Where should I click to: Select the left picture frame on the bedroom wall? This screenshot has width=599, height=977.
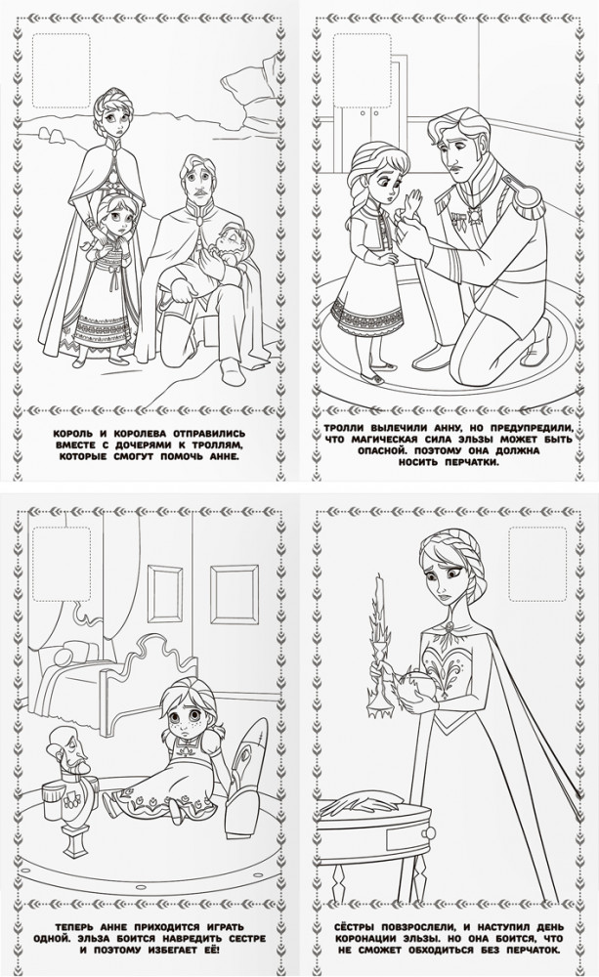(x=164, y=594)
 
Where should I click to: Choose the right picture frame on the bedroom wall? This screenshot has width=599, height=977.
(x=234, y=594)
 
